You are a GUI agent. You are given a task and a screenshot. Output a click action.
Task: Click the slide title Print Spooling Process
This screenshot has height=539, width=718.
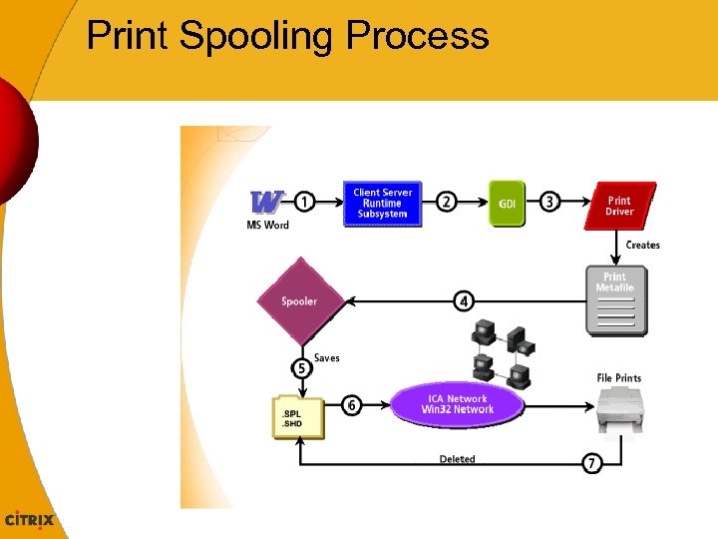tap(287, 36)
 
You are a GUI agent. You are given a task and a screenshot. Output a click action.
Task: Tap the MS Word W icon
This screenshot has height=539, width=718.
tap(266, 202)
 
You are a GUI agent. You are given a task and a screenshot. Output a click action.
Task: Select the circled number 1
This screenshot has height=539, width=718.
tap(305, 202)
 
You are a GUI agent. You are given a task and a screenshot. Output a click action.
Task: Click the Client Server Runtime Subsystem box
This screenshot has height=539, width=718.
tap(382, 204)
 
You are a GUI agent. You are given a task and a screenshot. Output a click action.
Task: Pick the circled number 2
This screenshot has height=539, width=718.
tap(448, 202)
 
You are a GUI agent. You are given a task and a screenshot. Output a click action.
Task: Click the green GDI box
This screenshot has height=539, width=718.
tap(508, 204)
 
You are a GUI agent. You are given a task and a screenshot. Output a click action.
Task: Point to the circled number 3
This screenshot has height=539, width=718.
tap(549, 202)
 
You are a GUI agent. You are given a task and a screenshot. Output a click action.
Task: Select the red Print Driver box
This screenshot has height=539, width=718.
tap(619, 206)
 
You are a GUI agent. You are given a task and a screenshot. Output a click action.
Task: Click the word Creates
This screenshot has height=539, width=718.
tap(642, 245)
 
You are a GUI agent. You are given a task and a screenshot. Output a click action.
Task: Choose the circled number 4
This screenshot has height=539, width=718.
tap(464, 300)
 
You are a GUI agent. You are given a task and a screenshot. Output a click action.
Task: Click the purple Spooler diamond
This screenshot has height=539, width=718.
tap(299, 300)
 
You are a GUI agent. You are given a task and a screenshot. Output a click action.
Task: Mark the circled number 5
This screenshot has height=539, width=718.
tap(301, 368)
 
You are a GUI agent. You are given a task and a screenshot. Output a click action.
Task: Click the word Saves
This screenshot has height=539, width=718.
tap(327, 357)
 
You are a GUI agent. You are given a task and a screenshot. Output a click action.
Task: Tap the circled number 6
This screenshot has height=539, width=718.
tap(351, 405)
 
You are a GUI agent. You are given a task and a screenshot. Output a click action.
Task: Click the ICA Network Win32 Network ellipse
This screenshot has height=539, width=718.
tap(457, 404)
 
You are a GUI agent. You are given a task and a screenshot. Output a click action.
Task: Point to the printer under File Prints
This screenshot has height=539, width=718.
tap(620, 412)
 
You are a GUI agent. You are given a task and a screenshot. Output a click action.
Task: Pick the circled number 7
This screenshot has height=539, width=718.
tap(592, 463)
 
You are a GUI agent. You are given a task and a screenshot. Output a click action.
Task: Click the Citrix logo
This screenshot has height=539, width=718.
tap(30, 520)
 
